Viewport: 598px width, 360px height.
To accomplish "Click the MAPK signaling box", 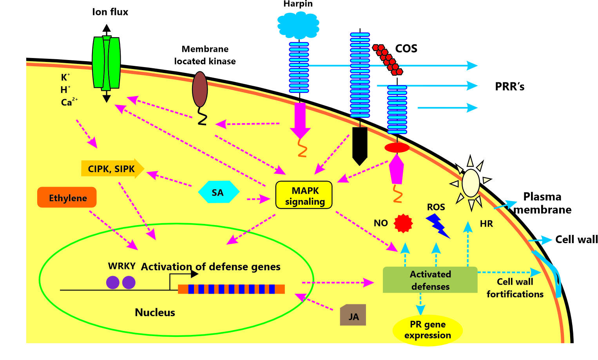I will (304, 195).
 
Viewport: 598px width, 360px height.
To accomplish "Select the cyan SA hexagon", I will (218, 192).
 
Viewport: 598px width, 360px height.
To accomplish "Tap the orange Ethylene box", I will (67, 197).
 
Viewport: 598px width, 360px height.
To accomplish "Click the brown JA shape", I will (353, 315).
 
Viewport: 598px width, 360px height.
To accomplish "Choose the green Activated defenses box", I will (430, 280).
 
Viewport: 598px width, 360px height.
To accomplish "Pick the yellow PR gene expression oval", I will (428, 330).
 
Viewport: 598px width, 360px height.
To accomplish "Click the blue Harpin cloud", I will (298, 25).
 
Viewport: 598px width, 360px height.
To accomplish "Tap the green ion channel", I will (106, 63).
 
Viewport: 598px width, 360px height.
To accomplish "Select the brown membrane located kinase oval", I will (200, 89).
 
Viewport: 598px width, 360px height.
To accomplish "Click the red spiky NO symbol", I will (403, 223).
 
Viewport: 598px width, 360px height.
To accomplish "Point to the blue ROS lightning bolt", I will (438, 225).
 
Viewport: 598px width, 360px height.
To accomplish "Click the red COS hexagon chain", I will (388, 59).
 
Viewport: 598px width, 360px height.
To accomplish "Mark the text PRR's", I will (509, 87).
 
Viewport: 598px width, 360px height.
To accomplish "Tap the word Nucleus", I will (155, 313).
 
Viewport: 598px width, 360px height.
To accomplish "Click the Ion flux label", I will (110, 12).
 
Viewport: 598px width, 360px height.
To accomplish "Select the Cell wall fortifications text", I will (515, 288).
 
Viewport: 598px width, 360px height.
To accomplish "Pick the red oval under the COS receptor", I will (397, 148).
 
